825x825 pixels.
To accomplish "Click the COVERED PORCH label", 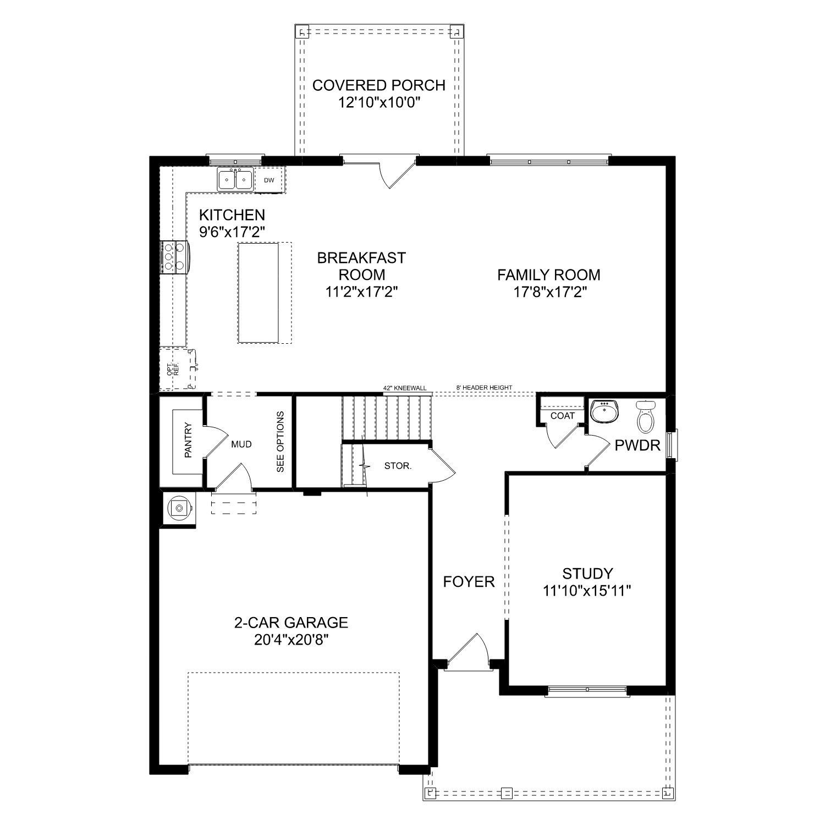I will tap(378, 85).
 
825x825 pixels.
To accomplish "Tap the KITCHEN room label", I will tap(232, 215).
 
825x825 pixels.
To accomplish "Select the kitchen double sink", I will tap(235, 179).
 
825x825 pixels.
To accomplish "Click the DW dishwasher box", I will tap(269, 180).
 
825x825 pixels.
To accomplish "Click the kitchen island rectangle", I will tap(258, 293).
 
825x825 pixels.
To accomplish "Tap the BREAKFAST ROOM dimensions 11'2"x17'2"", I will tap(361, 291).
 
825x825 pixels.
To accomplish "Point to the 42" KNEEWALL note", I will tap(405, 388).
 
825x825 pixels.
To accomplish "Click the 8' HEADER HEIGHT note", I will tap(484, 388).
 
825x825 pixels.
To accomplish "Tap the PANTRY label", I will tap(188, 440).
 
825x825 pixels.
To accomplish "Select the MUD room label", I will tap(241, 444).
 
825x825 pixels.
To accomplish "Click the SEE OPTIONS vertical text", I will tap(280, 442).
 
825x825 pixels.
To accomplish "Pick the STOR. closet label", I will tap(397, 466).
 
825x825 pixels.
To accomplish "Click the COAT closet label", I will tap(562, 416).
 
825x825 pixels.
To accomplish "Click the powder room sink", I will tap(604, 411).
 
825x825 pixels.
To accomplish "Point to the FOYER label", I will tap(469, 581).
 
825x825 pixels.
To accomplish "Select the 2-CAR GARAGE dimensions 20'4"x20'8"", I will tap(291, 640).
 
